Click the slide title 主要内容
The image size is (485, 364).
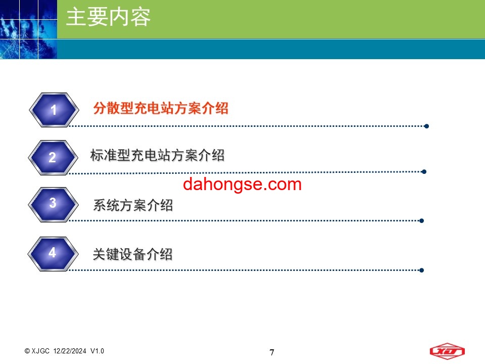coord(108,17)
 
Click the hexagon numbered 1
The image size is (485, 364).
coord(54,110)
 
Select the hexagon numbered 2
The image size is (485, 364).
coord(53,158)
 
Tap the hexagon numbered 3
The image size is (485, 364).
coord(53,205)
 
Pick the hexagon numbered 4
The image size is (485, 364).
coord(53,254)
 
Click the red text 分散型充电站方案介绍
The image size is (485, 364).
coord(161,108)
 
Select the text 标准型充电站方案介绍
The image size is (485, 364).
coord(158,155)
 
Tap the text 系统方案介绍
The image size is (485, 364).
coord(133,205)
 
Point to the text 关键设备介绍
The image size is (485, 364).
coord(133,254)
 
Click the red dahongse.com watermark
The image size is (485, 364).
coord(242,184)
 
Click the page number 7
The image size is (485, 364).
coord(272,352)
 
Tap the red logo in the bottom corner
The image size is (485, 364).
coord(447,351)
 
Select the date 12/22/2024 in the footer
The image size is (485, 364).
coord(70,351)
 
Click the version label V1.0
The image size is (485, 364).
coord(97,351)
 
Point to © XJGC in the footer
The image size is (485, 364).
coord(37,351)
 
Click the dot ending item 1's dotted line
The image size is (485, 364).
coord(426,126)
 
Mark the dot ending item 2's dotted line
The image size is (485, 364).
coord(424,171)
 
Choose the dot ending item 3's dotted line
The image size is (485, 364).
coord(421,221)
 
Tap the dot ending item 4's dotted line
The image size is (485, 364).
coord(421,270)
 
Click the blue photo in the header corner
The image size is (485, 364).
coord(28,29)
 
